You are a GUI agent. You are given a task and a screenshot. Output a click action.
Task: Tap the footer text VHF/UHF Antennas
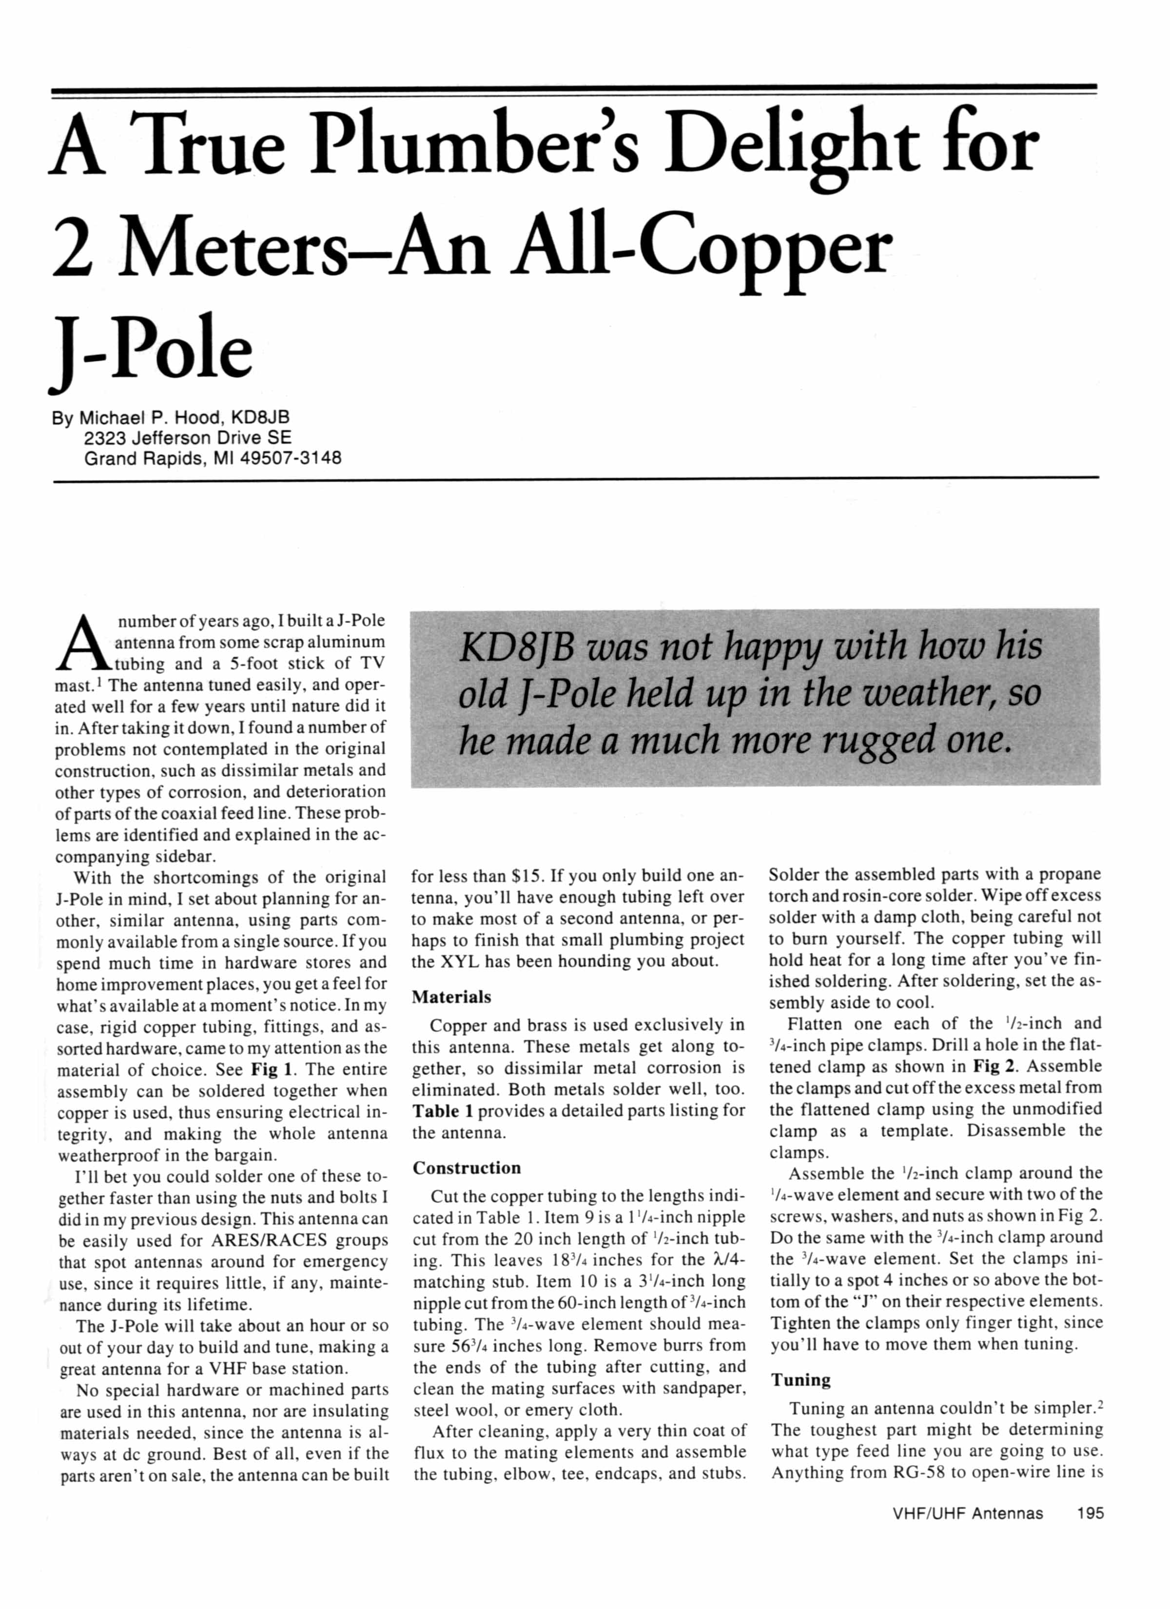tap(967, 1513)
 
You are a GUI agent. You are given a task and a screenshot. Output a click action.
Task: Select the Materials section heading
tap(451, 997)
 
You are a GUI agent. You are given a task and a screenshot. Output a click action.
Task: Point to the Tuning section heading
tap(800, 1379)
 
